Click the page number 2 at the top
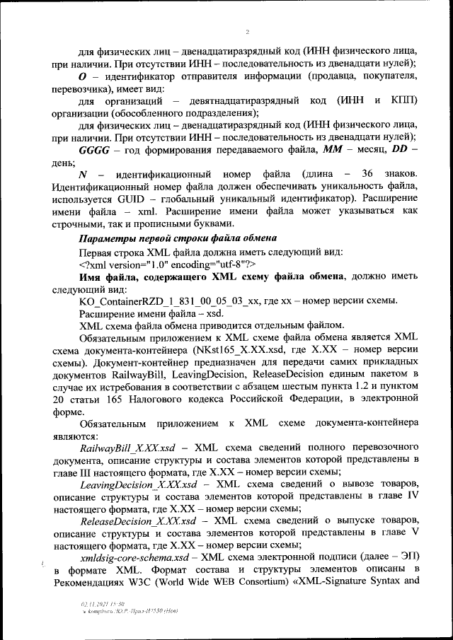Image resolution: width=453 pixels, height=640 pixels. click(247, 32)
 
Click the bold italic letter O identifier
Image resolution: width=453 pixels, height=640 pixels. click(82, 76)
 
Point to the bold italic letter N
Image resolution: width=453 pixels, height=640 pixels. click(83, 174)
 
